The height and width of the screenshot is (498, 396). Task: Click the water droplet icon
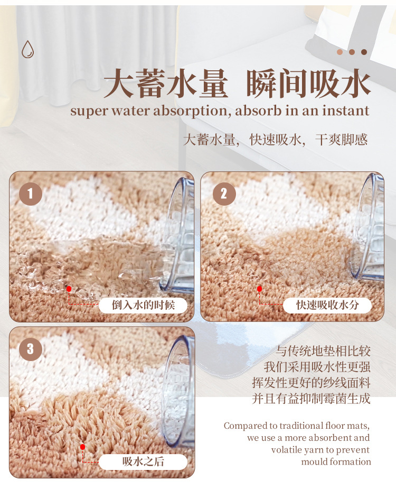[x=27, y=49]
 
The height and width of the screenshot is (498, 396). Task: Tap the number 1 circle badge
[x=30, y=194]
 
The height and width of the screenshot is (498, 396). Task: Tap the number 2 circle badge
[x=224, y=194]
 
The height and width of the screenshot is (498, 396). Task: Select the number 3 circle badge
[x=30, y=349]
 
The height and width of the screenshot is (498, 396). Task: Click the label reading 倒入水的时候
[x=143, y=305]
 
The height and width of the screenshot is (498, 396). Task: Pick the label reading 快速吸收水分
[x=327, y=305]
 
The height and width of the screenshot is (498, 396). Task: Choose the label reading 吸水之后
[x=143, y=461]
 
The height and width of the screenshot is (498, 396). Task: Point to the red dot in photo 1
[x=69, y=289]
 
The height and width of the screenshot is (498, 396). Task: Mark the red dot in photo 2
[x=259, y=289]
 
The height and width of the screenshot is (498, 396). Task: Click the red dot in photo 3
[x=82, y=447]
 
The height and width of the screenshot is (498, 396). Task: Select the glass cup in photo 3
[x=180, y=391]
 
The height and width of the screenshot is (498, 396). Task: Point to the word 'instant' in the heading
[x=344, y=111]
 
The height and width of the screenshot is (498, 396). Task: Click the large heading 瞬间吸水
[x=309, y=85]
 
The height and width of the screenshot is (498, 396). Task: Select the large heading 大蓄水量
[x=166, y=85]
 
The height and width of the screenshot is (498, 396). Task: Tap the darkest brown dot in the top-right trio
[x=364, y=52]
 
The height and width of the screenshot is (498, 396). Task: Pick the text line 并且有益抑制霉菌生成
[x=311, y=398]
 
